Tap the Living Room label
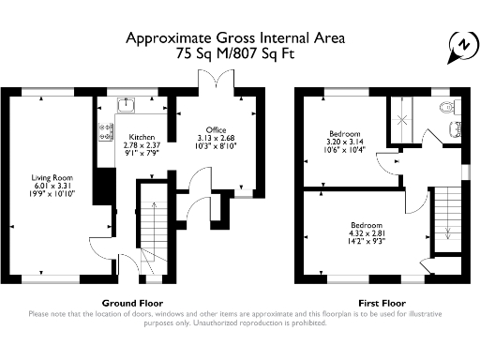pyautogui.click(x=52, y=178)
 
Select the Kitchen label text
pyautogui.click(x=142, y=137)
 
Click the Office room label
pyautogui.click(x=216, y=130)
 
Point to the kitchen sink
pyautogui.click(x=127, y=105)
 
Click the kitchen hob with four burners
pyautogui.click(x=106, y=132)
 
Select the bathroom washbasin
pyautogui.click(x=455, y=129)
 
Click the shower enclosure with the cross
pyautogui.click(x=401, y=120)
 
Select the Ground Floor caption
pyautogui.click(x=132, y=303)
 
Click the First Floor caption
pyautogui.click(x=382, y=303)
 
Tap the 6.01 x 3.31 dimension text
pyautogui.click(x=52, y=186)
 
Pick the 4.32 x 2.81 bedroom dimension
pyautogui.click(x=367, y=233)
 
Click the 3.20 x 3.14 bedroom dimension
pyautogui.click(x=345, y=142)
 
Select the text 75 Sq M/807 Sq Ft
pyautogui.click(x=235, y=53)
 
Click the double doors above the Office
pyautogui.click(x=216, y=80)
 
